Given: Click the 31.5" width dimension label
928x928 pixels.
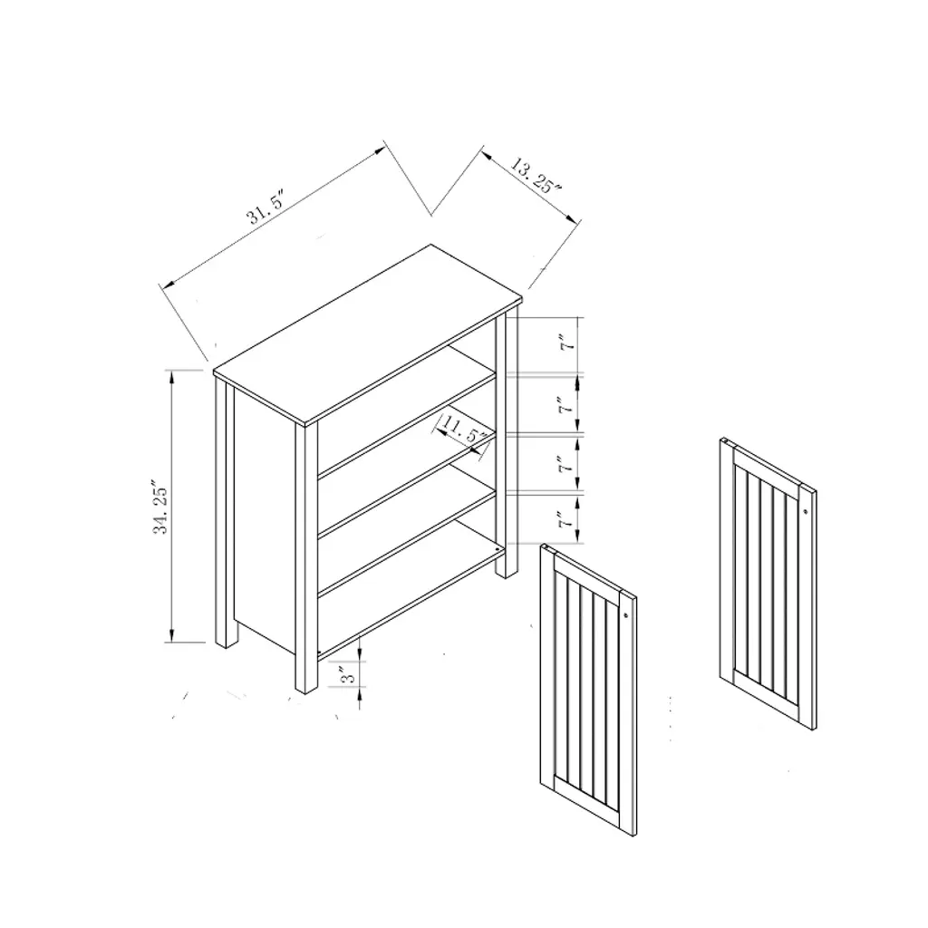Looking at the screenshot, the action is point(266,208).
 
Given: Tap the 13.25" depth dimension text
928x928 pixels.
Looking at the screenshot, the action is point(536,175).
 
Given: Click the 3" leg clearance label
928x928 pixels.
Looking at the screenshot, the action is point(350,674).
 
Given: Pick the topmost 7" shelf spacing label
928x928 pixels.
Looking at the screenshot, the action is point(567,343).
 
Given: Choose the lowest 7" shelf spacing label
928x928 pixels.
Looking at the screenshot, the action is point(567,521).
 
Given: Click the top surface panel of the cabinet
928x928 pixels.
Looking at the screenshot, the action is point(368,333).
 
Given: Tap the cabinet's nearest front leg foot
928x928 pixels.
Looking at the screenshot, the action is point(306,687).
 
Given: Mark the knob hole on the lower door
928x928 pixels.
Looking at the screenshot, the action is point(625,615).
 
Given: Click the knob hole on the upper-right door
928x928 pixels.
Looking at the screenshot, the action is point(806,510).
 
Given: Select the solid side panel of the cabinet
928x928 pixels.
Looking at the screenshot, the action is point(264,521).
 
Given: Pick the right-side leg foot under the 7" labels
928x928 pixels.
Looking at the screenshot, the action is point(506,573).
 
